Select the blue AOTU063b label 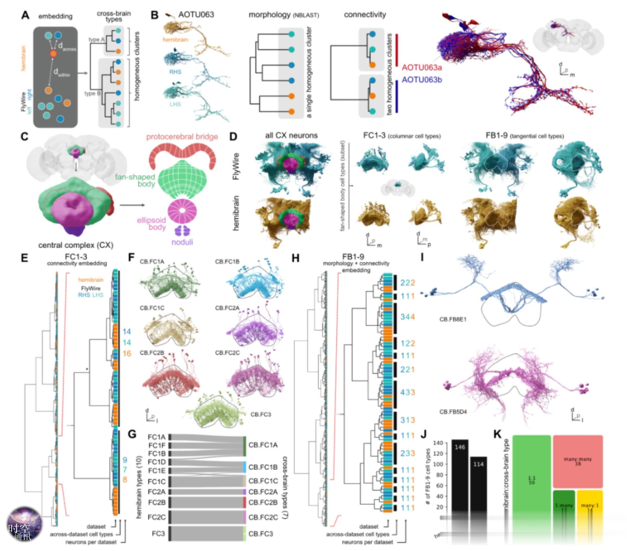(x=422, y=80)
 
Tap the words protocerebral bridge (x=182, y=137)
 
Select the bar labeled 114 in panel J (x=478, y=485)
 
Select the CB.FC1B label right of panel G (x=263, y=467)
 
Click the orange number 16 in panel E (x=127, y=353)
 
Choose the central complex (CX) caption (x=76, y=245)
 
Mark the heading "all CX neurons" (x=291, y=135)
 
